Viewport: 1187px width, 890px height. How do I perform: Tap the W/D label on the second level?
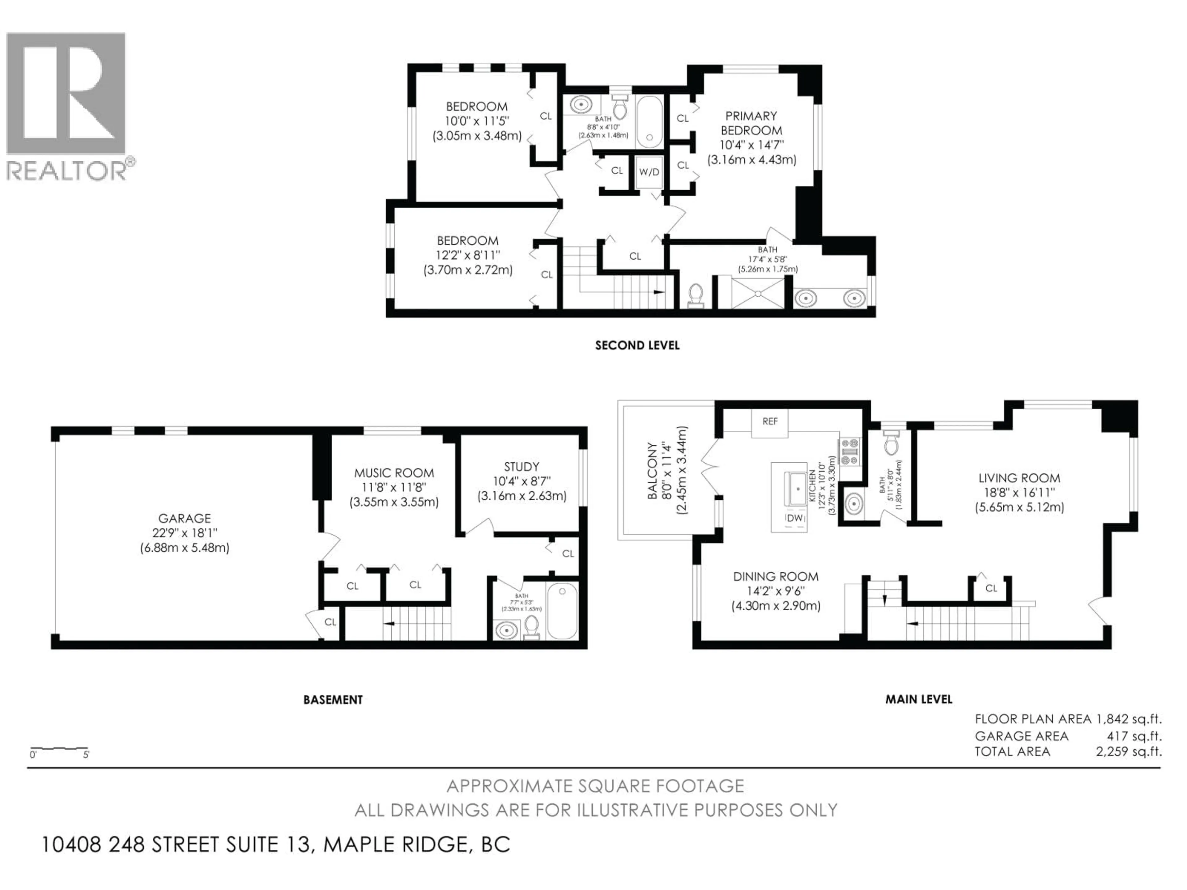649,172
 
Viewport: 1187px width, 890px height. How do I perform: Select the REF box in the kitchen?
769,422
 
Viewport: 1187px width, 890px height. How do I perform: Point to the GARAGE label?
184,518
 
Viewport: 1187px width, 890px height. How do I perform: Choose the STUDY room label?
521,467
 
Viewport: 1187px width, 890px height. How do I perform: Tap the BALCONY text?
653,470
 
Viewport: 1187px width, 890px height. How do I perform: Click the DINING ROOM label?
775,577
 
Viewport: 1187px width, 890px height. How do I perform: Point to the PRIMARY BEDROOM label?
751,123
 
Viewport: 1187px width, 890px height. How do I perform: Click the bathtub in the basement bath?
562,611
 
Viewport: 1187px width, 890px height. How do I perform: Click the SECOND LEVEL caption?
637,345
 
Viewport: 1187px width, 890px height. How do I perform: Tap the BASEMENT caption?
333,700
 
